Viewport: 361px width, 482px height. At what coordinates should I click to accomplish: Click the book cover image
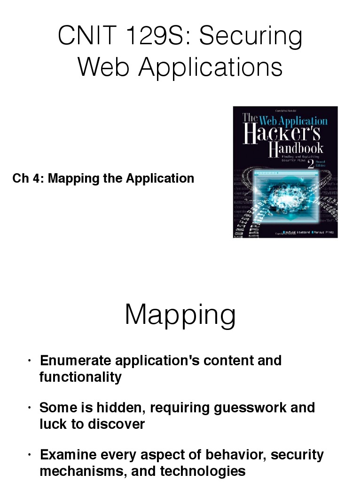coord(285,172)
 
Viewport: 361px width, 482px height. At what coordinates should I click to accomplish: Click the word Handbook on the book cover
coord(296,149)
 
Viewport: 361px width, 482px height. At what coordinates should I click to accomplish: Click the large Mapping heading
coord(180,315)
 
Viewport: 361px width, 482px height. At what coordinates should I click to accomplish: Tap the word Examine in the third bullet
coord(66,455)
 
